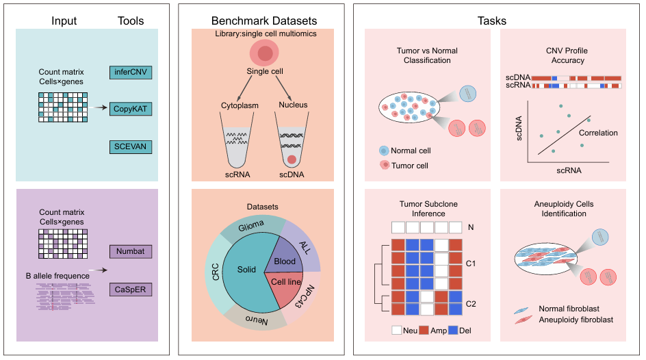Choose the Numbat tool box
(130, 252)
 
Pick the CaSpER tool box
(130, 290)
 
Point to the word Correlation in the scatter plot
(598, 133)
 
